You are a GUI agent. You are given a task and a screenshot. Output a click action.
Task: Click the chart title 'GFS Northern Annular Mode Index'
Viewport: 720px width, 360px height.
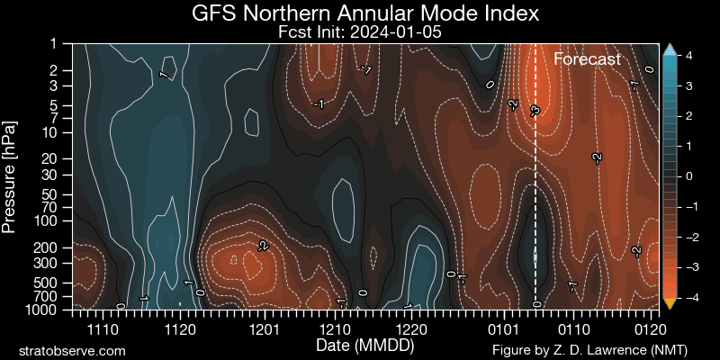pyautogui.click(x=365, y=13)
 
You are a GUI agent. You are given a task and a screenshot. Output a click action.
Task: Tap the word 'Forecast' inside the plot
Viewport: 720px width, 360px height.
pyautogui.click(x=588, y=59)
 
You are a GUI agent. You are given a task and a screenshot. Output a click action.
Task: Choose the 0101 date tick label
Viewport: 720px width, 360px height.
pyautogui.click(x=505, y=329)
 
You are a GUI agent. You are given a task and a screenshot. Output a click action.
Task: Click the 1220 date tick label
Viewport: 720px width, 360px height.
pyautogui.click(x=411, y=329)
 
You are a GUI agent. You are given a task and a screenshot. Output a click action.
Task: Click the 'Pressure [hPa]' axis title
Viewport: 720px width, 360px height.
pyautogui.click(x=9, y=176)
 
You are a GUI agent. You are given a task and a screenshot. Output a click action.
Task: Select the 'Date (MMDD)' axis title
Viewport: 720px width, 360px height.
pyautogui.click(x=365, y=344)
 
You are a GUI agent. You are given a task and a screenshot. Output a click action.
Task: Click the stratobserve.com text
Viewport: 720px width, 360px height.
pyautogui.click(x=72, y=351)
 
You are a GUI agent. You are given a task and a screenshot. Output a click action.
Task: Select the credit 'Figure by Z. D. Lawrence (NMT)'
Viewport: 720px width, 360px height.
pyautogui.click(x=589, y=350)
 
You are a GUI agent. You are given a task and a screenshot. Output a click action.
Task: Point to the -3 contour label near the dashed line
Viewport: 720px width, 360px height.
pyautogui.click(x=534, y=111)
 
